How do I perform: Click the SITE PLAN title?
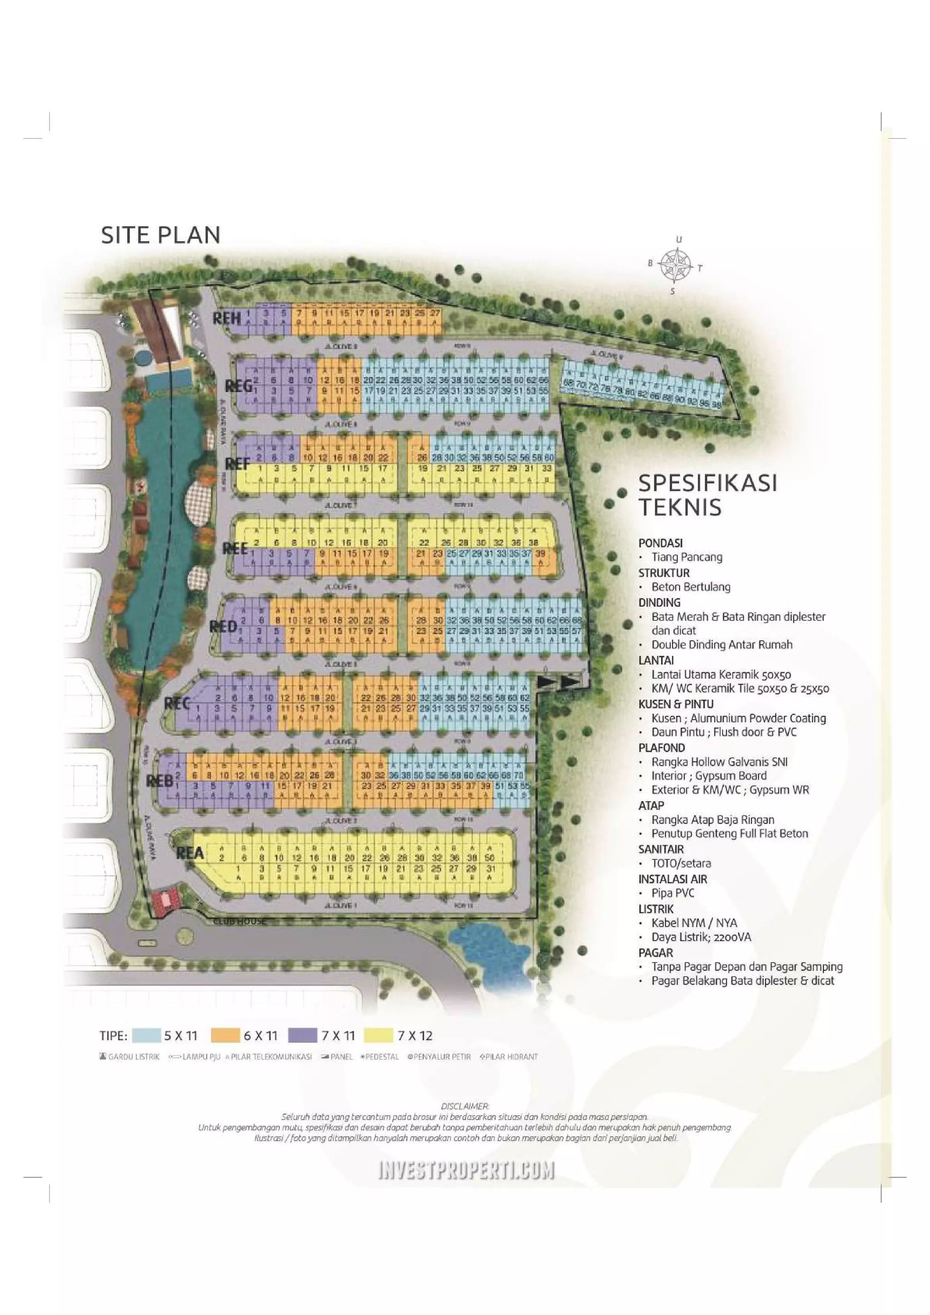pyautogui.click(x=160, y=236)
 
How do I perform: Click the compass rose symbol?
pyautogui.click(x=675, y=265)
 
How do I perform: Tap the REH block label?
pyautogui.click(x=226, y=318)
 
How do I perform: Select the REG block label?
pyautogui.click(x=238, y=387)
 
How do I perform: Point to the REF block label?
pyautogui.click(x=237, y=464)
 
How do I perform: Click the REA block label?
pyautogui.click(x=190, y=854)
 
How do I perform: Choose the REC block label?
pyautogui.click(x=177, y=703)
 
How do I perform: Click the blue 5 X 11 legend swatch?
pyautogui.click(x=146, y=1035)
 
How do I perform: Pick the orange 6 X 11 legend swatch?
pyautogui.click(x=225, y=1035)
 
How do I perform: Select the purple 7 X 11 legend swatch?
pyautogui.click(x=302, y=1035)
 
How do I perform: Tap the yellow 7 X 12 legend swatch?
pyautogui.click(x=379, y=1035)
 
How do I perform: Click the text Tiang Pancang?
pyautogui.click(x=687, y=557)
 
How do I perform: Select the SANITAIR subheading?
pyautogui.click(x=661, y=849)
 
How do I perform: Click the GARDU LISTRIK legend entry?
pyautogui.click(x=129, y=1057)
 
